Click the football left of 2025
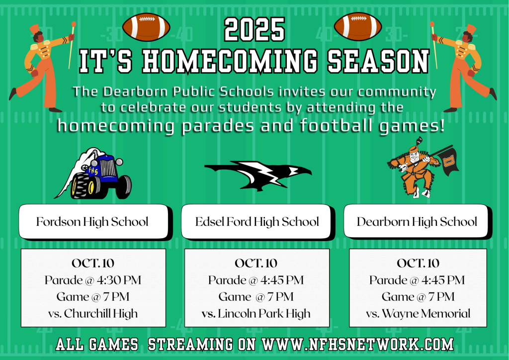(146, 27)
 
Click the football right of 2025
(358, 27)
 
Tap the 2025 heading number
(254, 29)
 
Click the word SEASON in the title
(378, 61)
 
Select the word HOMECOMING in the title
(230, 61)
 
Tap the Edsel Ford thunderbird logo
(258, 176)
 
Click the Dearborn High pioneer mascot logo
(423, 168)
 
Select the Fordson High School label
(92, 222)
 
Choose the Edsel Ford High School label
(257, 222)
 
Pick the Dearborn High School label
(417, 222)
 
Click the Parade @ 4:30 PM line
(93, 280)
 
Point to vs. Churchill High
(93, 314)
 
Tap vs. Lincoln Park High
(256, 314)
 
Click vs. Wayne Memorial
(418, 314)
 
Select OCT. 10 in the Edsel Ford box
(256, 263)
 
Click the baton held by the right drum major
(434, 45)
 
